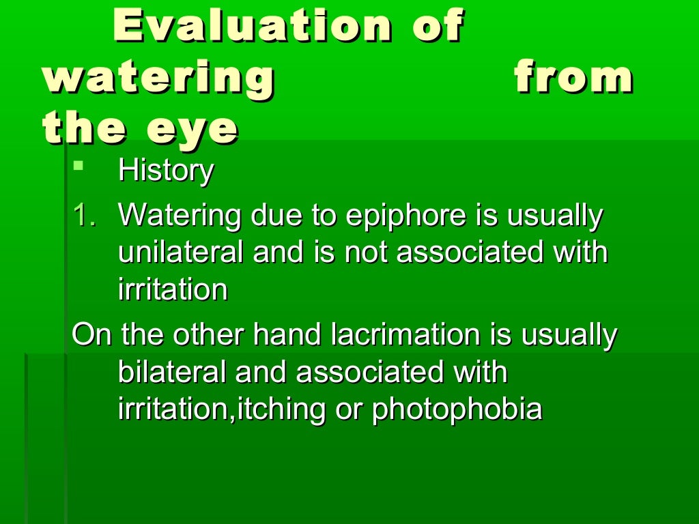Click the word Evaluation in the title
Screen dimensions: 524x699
[253, 27]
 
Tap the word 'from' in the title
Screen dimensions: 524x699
[573, 79]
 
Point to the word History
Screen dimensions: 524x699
[166, 171]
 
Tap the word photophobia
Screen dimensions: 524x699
[457, 409]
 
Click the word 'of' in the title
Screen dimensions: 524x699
[439, 27]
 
